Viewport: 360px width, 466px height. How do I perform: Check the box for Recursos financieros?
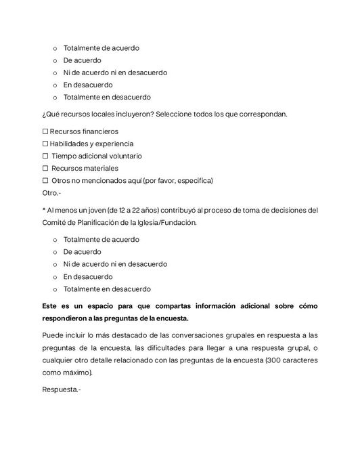click(45, 131)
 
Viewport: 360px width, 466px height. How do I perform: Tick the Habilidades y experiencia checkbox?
click(45, 144)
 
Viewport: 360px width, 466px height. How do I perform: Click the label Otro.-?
click(51, 193)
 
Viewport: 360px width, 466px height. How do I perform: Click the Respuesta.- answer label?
click(61, 389)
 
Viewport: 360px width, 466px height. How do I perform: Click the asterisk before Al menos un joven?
click(43, 211)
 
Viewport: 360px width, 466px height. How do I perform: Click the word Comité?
click(55, 222)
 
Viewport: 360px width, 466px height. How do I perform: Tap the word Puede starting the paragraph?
click(53, 336)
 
